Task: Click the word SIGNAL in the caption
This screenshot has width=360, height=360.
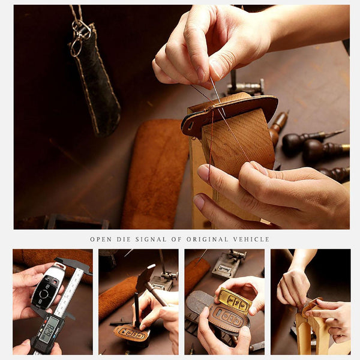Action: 148,239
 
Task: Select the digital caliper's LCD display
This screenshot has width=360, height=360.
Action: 48,329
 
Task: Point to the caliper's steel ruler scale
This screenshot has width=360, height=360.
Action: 70,294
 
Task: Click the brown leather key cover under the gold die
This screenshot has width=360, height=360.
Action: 224,318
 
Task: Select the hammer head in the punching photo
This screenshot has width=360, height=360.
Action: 145,278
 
